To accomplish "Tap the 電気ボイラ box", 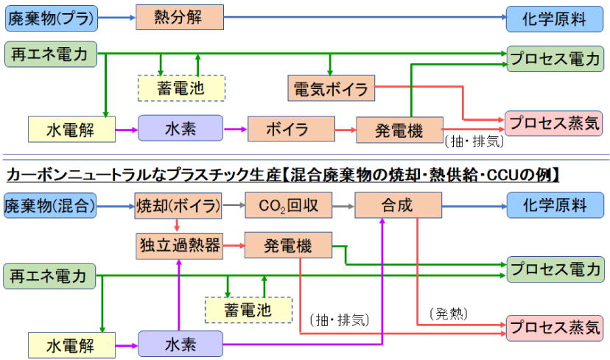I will (x=331, y=89).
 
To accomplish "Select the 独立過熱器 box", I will (x=179, y=245).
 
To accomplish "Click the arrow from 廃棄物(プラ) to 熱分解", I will (x=116, y=16).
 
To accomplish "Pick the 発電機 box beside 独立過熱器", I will (x=288, y=245).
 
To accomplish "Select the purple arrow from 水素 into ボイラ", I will (x=234, y=130).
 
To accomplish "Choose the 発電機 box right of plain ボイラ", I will (x=399, y=130).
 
